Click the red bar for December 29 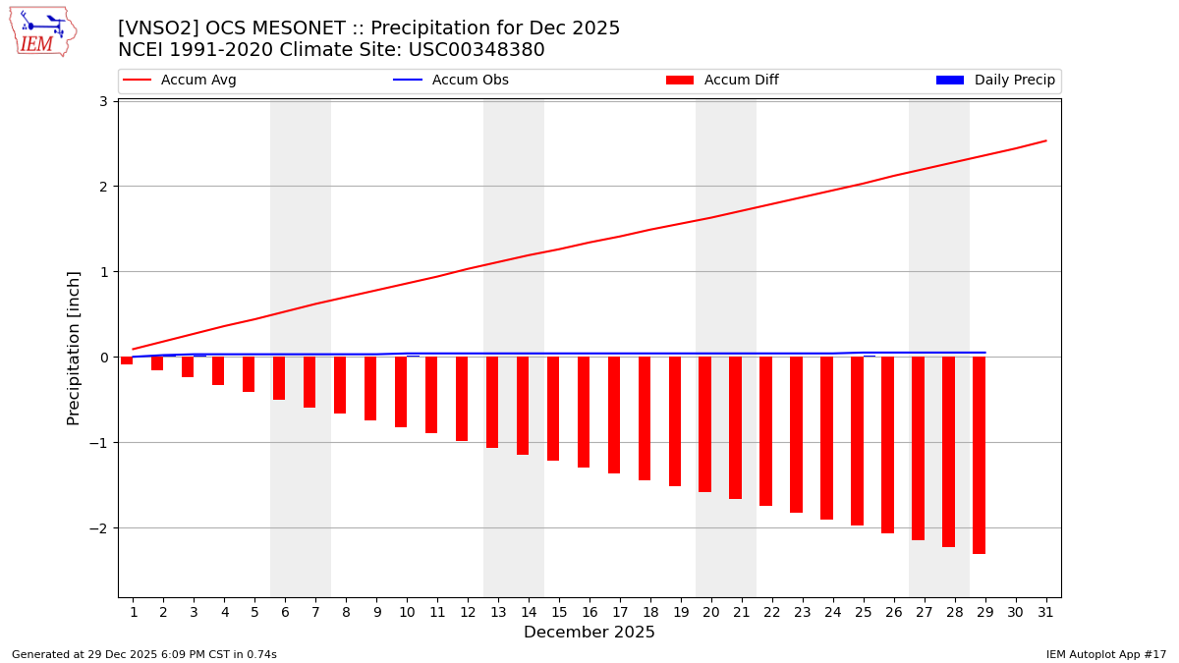click(979, 455)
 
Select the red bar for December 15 click(553, 409)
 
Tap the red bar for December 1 click(127, 360)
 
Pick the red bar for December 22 click(765, 431)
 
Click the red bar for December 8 click(340, 385)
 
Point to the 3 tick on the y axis click(102, 101)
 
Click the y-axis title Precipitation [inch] click(75, 348)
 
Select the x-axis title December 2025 click(589, 633)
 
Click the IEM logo click(42, 32)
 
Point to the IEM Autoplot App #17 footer click(1106, 654)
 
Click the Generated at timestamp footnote click(144, 654)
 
